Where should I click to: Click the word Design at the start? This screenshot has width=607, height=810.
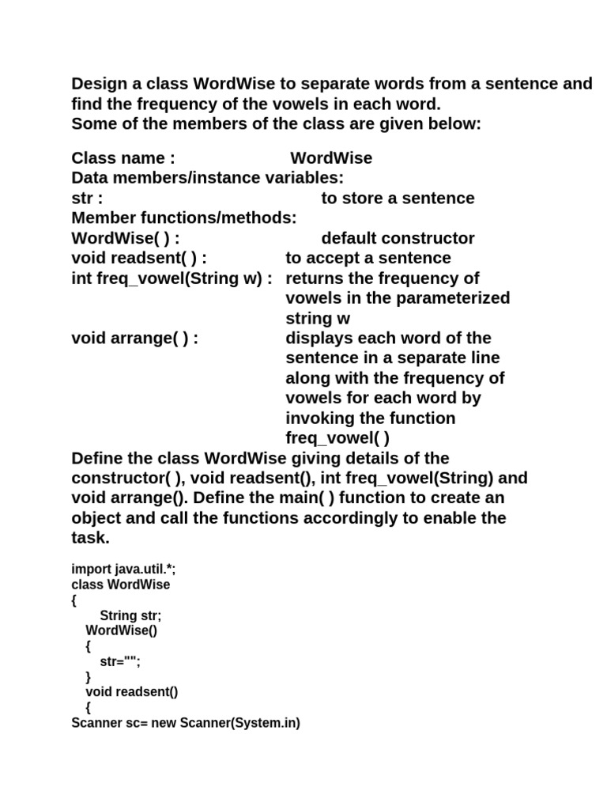(x=100, y=84)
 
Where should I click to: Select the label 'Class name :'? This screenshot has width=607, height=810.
(x=123, y=158)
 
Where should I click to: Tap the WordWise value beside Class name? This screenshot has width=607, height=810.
(x=331, y=158)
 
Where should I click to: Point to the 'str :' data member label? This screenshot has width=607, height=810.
(x=88, y=199)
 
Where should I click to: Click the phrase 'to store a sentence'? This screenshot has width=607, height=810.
(x=398, y=199)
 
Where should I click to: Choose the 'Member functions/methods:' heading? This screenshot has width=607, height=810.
(x=184, y=218)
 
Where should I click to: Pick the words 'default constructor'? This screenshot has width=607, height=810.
(x=398, y=238)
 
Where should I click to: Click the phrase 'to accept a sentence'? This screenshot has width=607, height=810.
(x=368, y=258)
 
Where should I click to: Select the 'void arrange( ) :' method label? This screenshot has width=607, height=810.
(x=134, y=339)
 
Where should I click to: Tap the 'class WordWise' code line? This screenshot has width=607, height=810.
(x=120, y=585)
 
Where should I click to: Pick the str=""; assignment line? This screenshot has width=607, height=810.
(x=119, y=662)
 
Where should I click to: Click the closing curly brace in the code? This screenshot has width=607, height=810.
(x=89, y=677)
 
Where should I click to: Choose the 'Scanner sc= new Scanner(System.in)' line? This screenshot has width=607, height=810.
(x=186, y=723)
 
